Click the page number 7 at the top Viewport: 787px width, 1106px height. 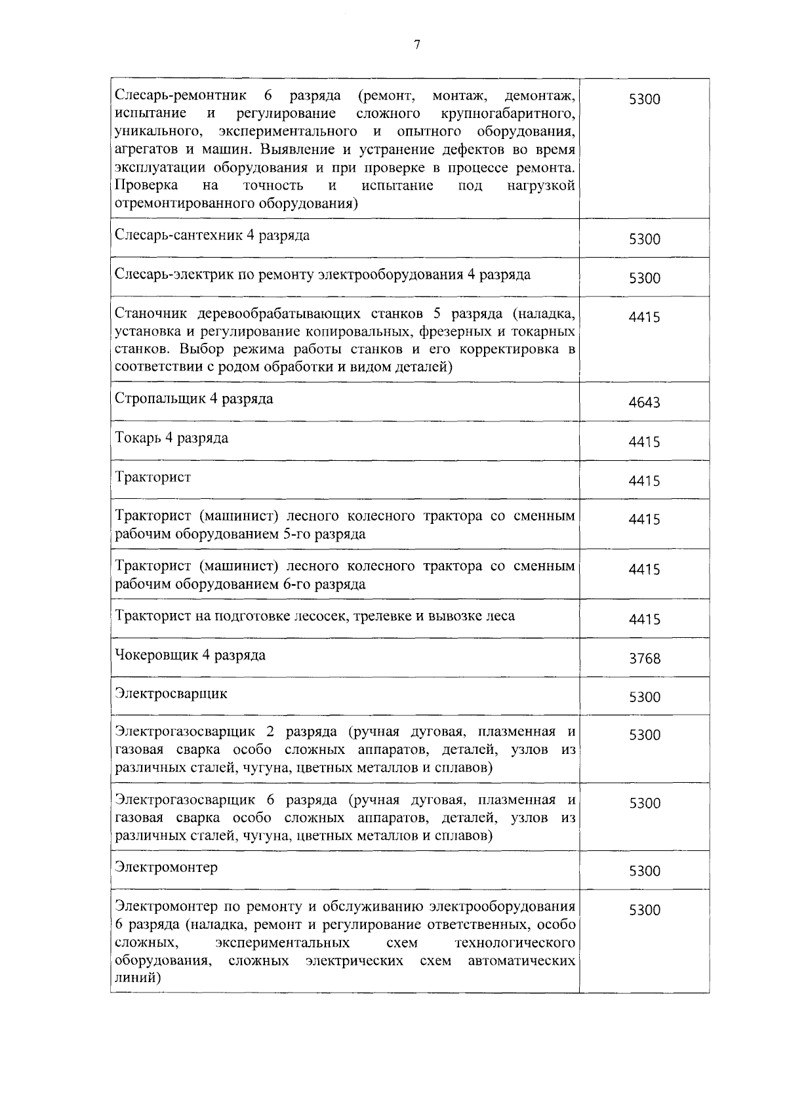click(x=417, y=45)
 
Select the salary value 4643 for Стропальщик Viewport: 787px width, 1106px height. click(x=644, y=403)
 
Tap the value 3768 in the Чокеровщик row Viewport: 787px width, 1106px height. click(x=644, y=658)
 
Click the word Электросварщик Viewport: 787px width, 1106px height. click(x=171, y=693)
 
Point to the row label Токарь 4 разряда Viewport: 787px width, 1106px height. click(x=171, y=438)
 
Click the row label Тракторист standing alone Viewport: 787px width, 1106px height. click(x=153, y=477)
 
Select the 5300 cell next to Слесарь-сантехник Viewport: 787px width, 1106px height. click(x=644, y=239)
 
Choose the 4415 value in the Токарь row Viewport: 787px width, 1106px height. click(x=644, y=442)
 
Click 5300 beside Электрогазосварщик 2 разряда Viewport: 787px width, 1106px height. click(x=644, y=736)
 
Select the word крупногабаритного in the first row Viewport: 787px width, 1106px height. click(x=509, y=115)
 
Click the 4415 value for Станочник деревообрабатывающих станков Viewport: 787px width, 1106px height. click(x=644, y=317)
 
